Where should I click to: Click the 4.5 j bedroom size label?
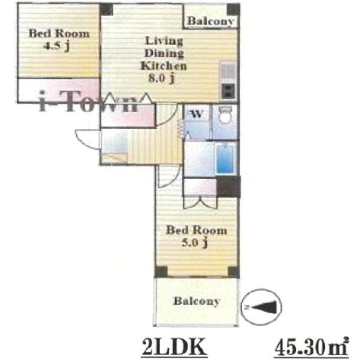coord(56,46)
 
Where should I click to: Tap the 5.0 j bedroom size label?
coord(195,242)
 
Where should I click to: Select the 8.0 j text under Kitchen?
coord(161,78)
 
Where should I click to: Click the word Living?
coord(164,40)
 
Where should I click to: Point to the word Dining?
coord(164,53)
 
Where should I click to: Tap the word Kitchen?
coord(164,66)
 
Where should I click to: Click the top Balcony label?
coord(210,21)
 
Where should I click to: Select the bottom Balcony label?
coord(196,301)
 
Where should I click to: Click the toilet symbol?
coord(225,115)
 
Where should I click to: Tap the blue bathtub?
coord(225,159)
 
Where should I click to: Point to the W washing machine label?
coord(196,114)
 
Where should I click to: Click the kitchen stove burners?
coord(228,91)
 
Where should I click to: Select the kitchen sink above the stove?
coord(228,71)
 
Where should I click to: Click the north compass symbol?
coord(261,306)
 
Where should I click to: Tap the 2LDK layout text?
coord(174,347)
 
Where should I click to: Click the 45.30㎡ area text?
coord(311,347)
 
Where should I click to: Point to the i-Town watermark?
coord(88,103)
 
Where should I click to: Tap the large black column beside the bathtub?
coord(228,186)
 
